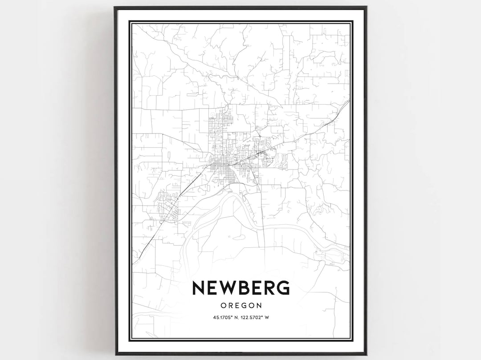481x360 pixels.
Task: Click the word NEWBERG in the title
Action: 240,288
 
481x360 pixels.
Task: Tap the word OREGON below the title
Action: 240,305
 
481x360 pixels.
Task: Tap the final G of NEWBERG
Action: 282,288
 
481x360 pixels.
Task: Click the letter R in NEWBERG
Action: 269,288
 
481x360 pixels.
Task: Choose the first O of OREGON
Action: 223,305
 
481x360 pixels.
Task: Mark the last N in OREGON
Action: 258,305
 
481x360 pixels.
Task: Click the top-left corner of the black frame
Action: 115,8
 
